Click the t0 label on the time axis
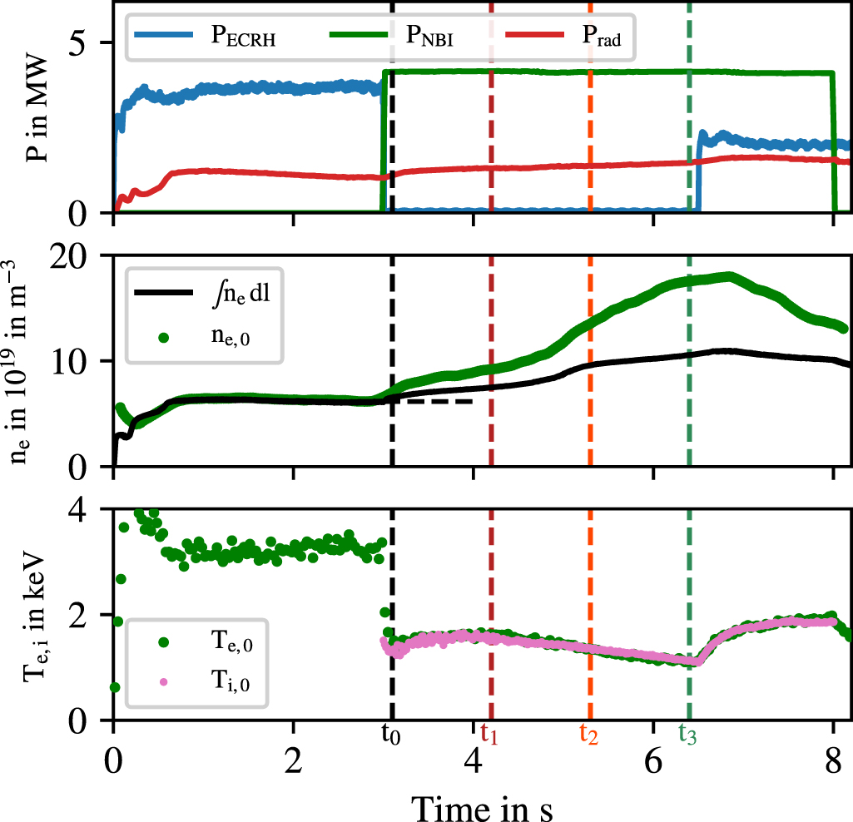[391, 734]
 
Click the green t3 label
[688, 734]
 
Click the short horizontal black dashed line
[433, 402]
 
